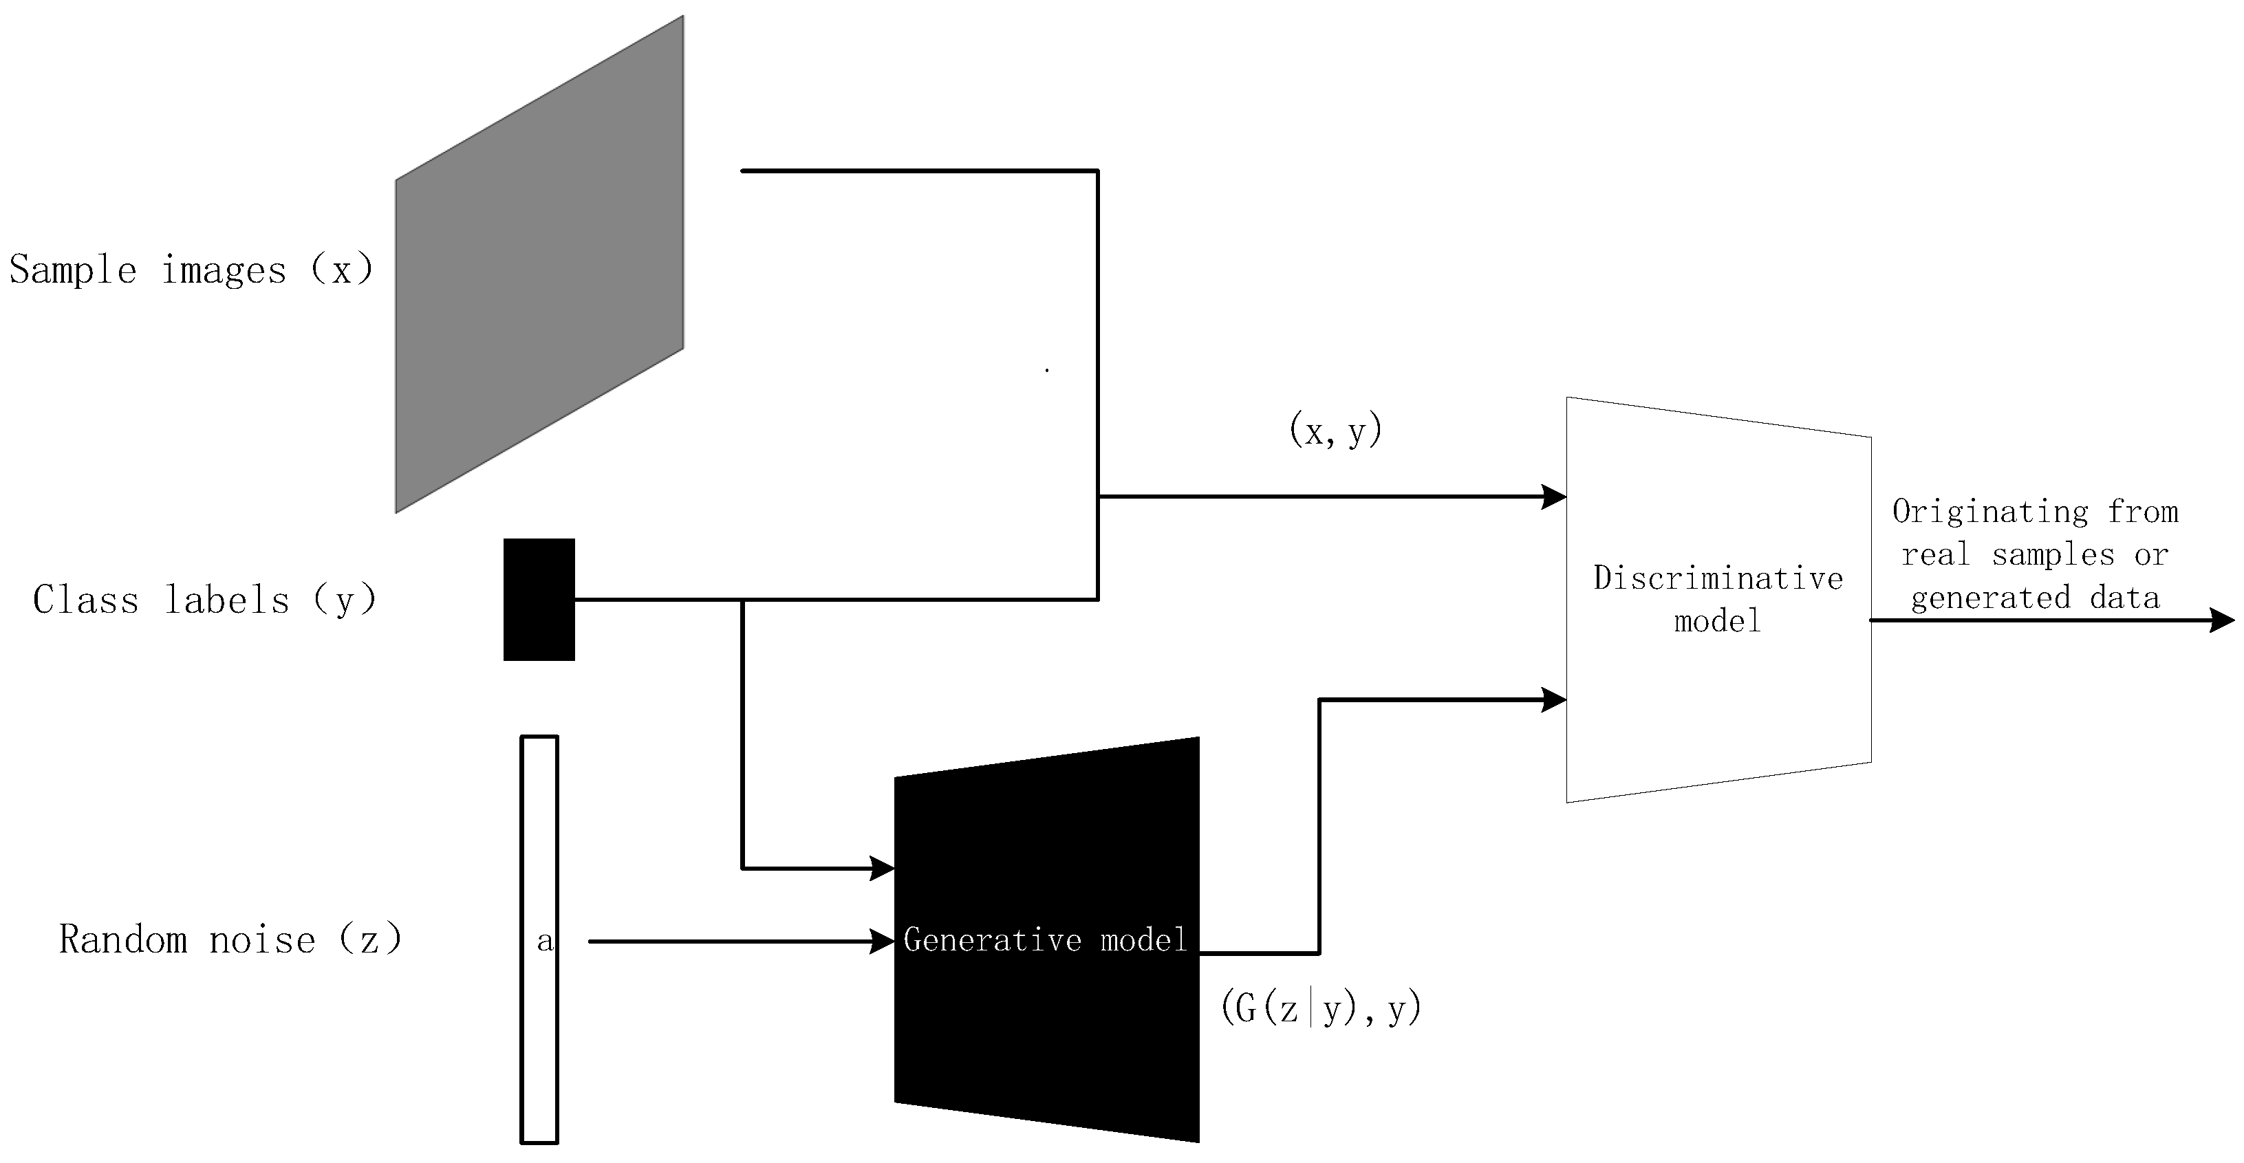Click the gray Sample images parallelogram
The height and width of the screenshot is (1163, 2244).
pos(539,264)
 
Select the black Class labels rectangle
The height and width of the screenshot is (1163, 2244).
pos(539,599)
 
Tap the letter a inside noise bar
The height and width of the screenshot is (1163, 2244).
pos(544,940)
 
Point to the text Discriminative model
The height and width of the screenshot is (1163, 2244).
pos(1718,598)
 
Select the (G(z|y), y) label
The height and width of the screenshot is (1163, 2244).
pos(1321,1009)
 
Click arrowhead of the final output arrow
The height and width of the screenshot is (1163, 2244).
pos(2223,620)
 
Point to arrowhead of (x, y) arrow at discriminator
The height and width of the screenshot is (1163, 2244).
pos(1554,497)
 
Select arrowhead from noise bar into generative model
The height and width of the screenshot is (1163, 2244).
pos(883,941)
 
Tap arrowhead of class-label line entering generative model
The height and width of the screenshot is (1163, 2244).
pos(883,868)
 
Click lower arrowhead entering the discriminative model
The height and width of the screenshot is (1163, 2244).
pos(1554,699)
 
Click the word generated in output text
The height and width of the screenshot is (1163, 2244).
pos(1989,598)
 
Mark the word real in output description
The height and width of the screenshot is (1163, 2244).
pos(1934,555)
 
